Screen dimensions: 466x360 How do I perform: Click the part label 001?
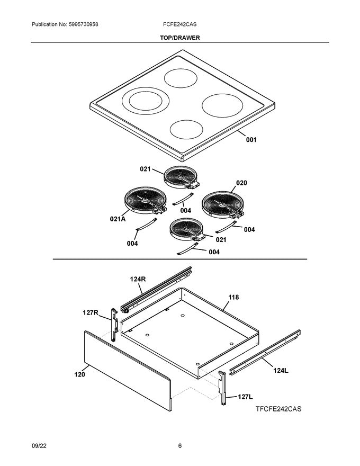click(250, 140)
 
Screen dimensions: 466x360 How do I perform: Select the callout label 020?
click(241, 183)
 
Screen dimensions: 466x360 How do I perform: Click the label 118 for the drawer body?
click(233, 298)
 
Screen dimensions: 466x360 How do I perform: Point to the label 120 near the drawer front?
click(79, 374)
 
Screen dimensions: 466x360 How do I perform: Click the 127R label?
click(90, 312)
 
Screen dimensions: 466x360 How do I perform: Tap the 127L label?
click(245, 396)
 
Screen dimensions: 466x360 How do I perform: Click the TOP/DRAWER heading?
click(179, 38)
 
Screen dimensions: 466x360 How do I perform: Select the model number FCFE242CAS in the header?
click(180, 25)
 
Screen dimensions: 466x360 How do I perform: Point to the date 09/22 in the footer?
click(39, 446)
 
